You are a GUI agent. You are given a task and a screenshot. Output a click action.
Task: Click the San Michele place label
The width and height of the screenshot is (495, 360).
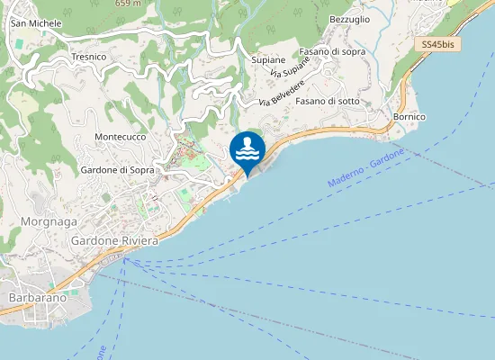[36, 22]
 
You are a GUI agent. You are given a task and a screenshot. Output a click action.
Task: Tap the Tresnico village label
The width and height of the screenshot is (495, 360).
[88, 57]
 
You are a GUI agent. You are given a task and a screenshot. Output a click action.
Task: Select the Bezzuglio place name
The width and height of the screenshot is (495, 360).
[350, 19]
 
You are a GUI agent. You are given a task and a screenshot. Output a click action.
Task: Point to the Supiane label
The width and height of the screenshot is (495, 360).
[268, 59]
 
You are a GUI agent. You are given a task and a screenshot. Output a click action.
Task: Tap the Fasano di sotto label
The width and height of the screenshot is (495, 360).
[328, 101]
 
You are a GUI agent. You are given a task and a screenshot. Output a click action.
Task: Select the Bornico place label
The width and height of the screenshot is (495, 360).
[409, 117]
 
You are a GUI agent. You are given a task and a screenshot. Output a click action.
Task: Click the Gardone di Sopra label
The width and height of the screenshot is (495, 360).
[118, 169]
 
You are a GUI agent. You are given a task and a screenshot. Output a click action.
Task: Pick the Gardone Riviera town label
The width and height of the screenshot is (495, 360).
[113, 241]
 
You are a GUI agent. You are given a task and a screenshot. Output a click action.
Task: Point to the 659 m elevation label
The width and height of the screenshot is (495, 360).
[129, 4]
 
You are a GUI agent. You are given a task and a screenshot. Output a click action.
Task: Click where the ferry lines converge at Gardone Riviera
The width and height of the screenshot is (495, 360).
[127, 259]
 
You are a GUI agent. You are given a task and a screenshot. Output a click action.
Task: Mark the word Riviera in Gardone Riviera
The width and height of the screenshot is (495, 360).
[139, 241]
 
